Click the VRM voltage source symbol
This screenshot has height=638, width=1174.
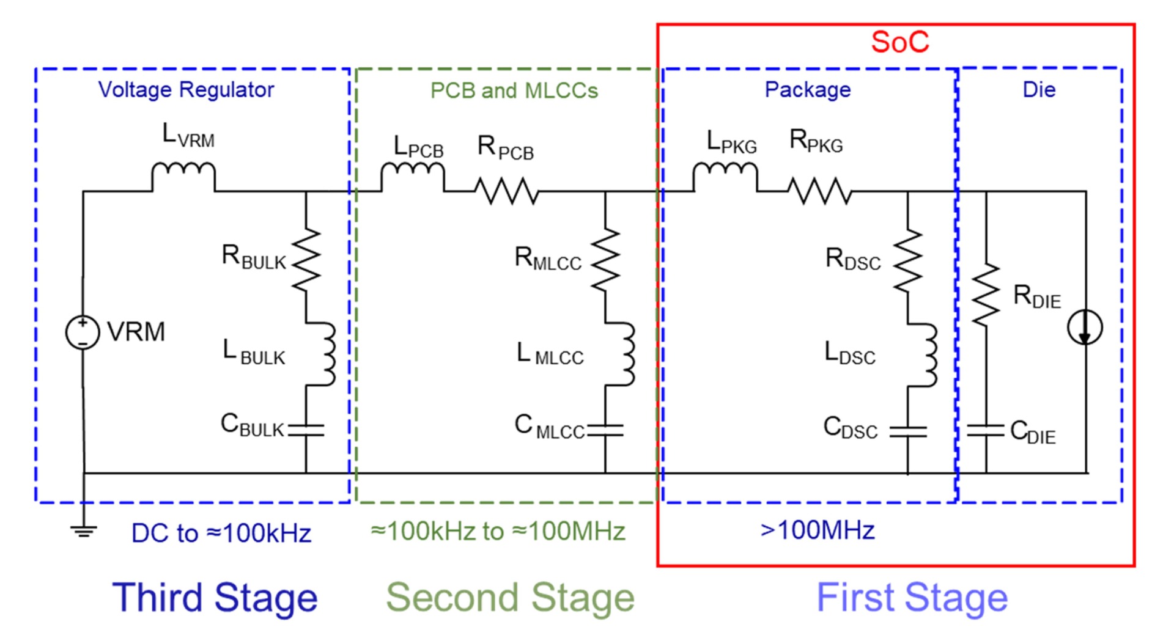pyautogui.click(x=83, y=332)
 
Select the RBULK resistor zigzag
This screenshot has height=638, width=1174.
pyautogui.click(x=306, y=259)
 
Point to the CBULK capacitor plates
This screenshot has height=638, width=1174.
pyautogui.click(x=306, y=430)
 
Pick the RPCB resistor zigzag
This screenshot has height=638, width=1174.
pyautogui.click(x=507, y=191)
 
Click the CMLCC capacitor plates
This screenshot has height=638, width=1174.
pyautogui.click(x=605, y=430)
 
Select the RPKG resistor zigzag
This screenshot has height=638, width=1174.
pyautogui.click(x=819, y=191)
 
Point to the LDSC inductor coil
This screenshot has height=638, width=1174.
pyautogui.click(x=926, y=355)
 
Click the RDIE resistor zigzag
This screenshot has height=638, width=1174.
pyautogui.click(x=986, y=295)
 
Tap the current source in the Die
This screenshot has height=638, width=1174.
pyautogui.click(x=1085, y=328)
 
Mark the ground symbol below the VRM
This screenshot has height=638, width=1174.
pyautogui.click(x=83, y=530)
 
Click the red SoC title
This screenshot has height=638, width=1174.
pyautogui.click(x=899, y=42)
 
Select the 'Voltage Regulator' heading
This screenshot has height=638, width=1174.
pyautogui.click(x=186, y=90)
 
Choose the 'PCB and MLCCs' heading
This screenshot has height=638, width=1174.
pyautogui.click(x=514, y=90)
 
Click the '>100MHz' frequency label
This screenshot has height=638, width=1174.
pyautogui.click(x=817, y=530)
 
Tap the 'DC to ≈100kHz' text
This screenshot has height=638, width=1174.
pyautogui.click(x=221, y=533)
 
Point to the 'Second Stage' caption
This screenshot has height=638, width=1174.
pyautogui.click(x=510, y=597)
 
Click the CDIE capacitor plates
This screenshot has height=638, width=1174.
pyautogui.click(x=986, y=430)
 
